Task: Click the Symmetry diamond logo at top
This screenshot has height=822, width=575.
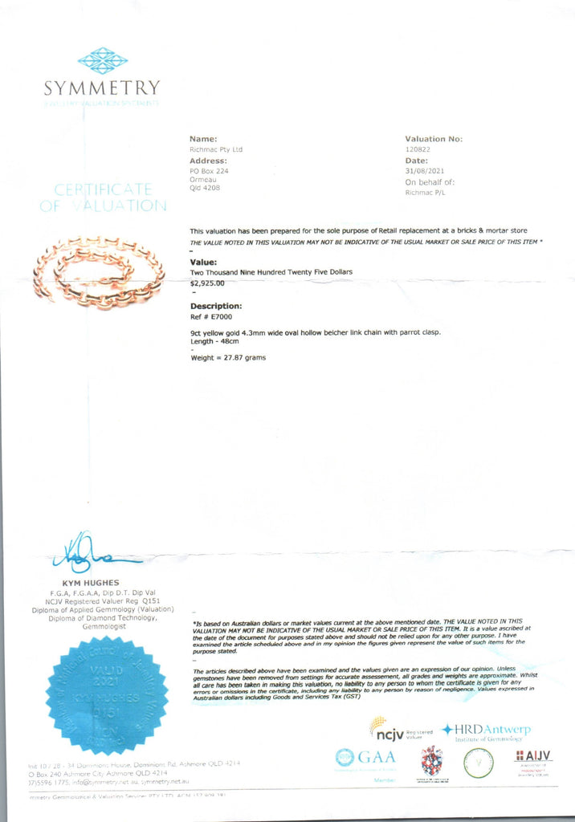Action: point(103,60)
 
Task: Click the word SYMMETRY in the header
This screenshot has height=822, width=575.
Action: point(102,87)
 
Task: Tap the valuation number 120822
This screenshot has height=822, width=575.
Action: point(419,149)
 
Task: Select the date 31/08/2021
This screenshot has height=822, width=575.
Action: point(425,171)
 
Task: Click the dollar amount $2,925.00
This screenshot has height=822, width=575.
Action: point(207,283)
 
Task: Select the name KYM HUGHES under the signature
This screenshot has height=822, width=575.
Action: point(91,582)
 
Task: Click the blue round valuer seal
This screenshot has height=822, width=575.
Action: point(106,695)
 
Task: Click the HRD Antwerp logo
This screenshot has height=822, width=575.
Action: point(486,731)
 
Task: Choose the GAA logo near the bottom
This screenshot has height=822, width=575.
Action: point(365,758)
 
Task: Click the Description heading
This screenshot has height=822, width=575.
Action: point(216,306)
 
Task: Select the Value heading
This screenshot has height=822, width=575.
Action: point(203,262)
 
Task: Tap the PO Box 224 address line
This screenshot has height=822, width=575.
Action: point(209,171)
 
